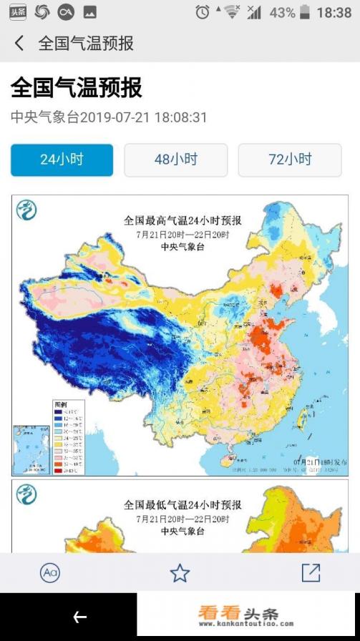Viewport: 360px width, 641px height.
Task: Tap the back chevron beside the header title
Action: (x=19, y=44)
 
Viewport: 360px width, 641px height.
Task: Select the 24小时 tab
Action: (x=62, y=160)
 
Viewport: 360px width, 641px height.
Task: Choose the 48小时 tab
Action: (x=175, y=160)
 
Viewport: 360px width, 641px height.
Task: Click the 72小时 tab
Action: (x=290, y=160)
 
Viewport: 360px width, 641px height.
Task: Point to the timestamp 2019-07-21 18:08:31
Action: (x=143, y=117)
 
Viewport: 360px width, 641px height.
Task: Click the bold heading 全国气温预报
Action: (x=76, y=88)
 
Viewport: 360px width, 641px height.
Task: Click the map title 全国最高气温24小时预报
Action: (x=183, y=220)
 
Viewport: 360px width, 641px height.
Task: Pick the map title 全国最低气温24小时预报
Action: (x=183, y=505)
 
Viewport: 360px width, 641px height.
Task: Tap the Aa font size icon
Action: (x=49, y=572)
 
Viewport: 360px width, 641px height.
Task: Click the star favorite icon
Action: (x=180, y=572)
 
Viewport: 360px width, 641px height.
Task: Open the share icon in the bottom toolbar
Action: (x=311, y=572)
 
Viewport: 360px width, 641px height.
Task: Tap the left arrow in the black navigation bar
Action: (x=79, y=617)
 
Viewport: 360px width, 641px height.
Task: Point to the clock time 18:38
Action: (x=334, y=12)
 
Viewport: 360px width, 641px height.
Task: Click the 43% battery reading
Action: (x=282, y=12)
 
